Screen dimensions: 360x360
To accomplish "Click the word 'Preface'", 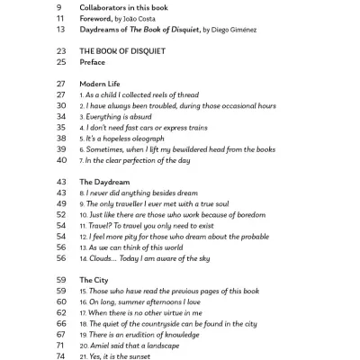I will pyautogui.click(x=93, y=63).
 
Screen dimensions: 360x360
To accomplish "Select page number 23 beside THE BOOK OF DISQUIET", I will pyautogui.click(x=61, y=51).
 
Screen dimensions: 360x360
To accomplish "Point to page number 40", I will pyautogui.click(x=61, y=160).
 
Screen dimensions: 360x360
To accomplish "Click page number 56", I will pyautogui.click(x=61, y=258).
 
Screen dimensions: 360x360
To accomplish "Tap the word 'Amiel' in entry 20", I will pyautogui.click(x=103, y=345).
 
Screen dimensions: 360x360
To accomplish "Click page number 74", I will pyautogui.click(x=61, y=355).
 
